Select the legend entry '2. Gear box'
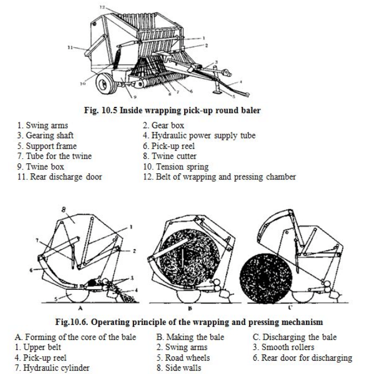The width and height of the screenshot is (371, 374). [x=164, y=126]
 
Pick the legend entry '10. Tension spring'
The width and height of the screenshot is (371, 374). [x=175, y=167]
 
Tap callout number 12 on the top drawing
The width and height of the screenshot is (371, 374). [x=102, y=7]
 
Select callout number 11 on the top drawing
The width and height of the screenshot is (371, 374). [x=70, y=48]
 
